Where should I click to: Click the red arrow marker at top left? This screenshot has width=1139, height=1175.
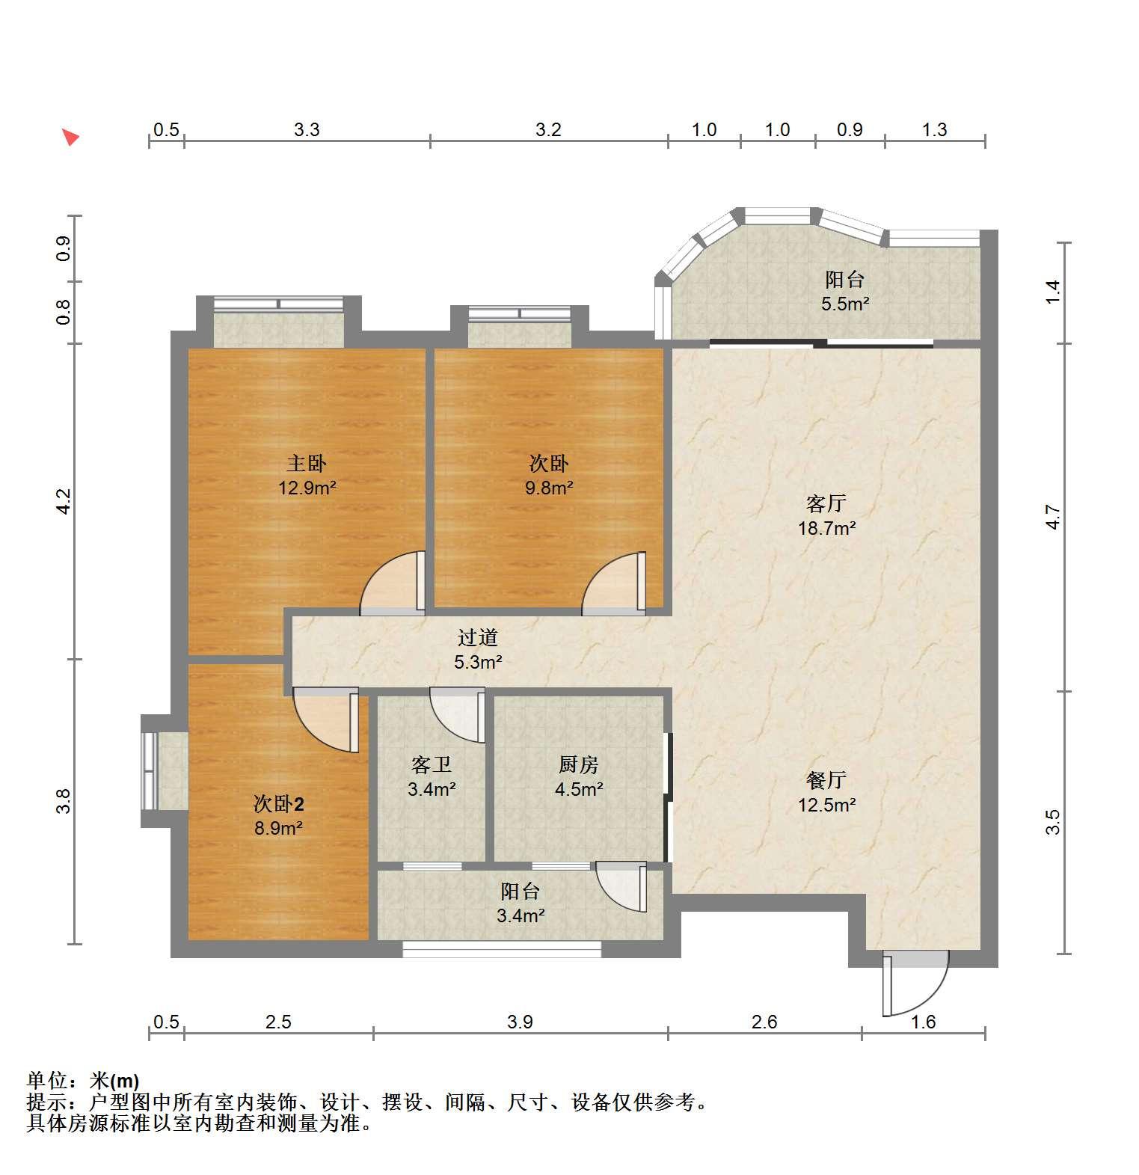coord(70,137)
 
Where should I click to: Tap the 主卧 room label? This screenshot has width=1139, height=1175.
coord(307,464)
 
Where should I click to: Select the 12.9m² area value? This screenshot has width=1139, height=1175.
coord(307,488)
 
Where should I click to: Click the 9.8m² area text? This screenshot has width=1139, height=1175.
coord(549,488)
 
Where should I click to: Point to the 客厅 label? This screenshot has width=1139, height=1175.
coord(826,503)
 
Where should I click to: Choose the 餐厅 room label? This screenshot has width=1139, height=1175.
coord(826,780)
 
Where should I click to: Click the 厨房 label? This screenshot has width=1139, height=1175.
coord(579,765)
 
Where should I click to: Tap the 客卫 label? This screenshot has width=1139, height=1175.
coord(432,765)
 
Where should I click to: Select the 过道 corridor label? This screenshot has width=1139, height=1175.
coord(478,638)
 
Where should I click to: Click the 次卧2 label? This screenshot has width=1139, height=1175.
coord(278,804)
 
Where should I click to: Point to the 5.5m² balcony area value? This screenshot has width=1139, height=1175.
coord(845,304)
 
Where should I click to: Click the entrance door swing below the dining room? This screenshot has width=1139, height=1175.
coord(915,983)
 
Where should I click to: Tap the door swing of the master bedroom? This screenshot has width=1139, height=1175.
coord(392,583)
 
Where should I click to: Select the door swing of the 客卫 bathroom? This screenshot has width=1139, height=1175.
coord(458,715)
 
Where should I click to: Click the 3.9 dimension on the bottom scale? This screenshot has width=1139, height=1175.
coord(520,1022)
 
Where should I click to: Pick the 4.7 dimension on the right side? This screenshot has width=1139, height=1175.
coord(1053,518)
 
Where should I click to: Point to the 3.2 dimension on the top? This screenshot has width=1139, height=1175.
coord(548,130)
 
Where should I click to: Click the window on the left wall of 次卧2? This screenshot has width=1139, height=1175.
coord(150,771)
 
